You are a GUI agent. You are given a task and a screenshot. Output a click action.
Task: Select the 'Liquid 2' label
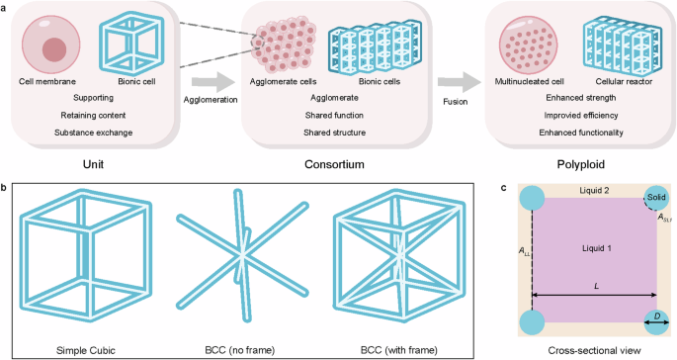[592, 190]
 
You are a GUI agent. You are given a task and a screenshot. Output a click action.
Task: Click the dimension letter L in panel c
[596, 287]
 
